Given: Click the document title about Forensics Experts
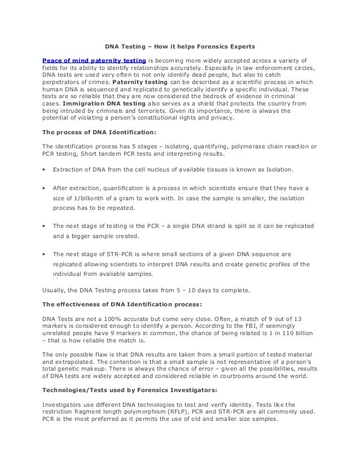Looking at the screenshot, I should tap(180, 46).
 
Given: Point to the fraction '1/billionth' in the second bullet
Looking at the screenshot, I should tap(85, 198).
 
